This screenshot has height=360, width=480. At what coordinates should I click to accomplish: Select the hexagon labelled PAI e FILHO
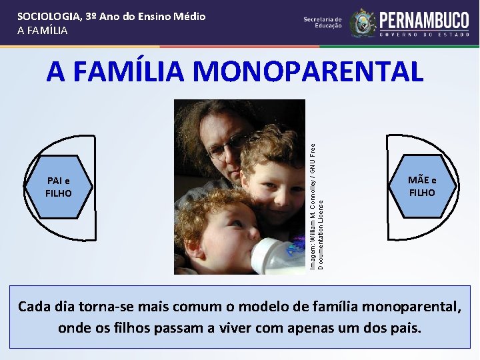click(x=59, y=187)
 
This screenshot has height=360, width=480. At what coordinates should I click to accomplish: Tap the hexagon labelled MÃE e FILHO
click(x=422, y=187)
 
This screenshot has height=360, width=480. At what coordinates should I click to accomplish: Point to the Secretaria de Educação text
click(x=323, y=23)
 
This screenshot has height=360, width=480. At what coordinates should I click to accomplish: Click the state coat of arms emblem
click(x=363, y=23)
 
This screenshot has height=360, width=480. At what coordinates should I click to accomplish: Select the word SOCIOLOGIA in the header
click(x=50, y=16)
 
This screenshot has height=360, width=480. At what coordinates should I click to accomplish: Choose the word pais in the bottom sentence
click(x=405, y=328)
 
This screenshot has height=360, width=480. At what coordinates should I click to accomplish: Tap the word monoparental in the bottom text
click(x=403, y=307)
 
